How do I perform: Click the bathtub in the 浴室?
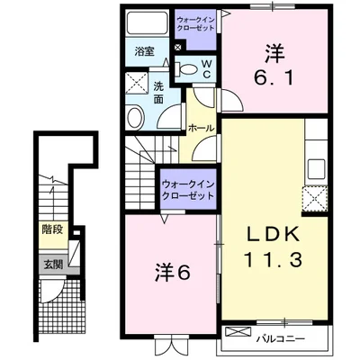tap(145, 25)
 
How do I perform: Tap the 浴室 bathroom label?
tap(145, 52)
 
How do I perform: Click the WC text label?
tap(205, 69)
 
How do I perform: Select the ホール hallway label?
tap(200, 129)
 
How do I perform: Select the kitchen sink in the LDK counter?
tap(317, 168)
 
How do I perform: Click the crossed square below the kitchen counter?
tap(316, 199)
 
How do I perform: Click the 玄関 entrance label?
tap(52, 265)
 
